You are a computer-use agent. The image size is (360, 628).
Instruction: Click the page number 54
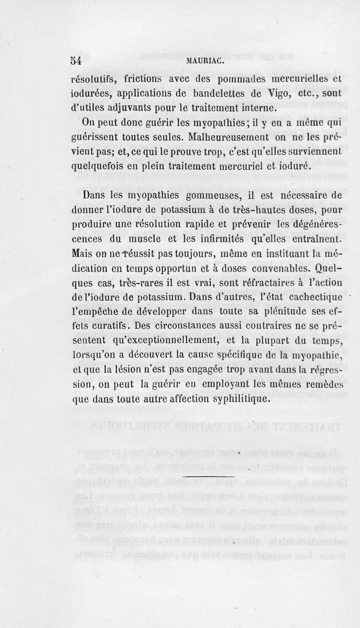pyautogui.click(x=75, y=61)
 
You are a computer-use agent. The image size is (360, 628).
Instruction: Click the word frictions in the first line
pyautogui.click(x=135, y=81)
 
